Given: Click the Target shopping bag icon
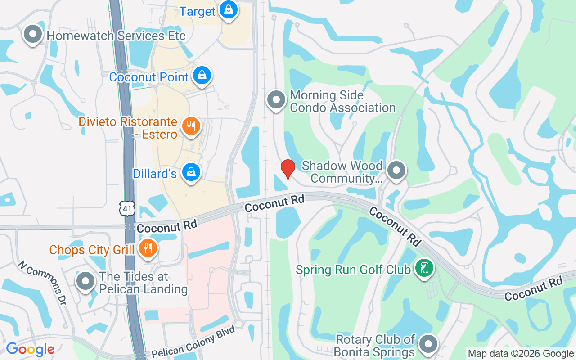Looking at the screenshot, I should tap(229, 10).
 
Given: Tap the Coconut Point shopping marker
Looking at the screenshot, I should tap(202, 76).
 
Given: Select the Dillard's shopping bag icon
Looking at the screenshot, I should tap(192, 172).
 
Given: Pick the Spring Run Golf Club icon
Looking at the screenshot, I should tap(424, 268).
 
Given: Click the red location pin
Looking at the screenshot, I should tap(288, 169).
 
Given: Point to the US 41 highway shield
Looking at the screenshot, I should tap(127, 208).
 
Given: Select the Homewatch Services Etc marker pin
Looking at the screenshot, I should tap(32, 35).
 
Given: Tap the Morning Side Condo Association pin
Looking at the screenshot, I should tap(276, 100).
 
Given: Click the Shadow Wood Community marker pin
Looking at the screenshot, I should tap(396, 171).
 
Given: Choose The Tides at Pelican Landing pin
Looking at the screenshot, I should tap(85, 281).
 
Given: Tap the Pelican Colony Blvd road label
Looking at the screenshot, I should tap(193, 342).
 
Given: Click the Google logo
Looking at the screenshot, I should tap(30, 349).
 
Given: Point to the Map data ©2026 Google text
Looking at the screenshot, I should tap(521, 354).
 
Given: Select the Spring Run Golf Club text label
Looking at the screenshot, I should tap(353, 270).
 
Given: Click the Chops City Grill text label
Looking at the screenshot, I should tap(92, 250).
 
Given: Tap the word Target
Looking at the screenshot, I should tap(198, 11).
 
